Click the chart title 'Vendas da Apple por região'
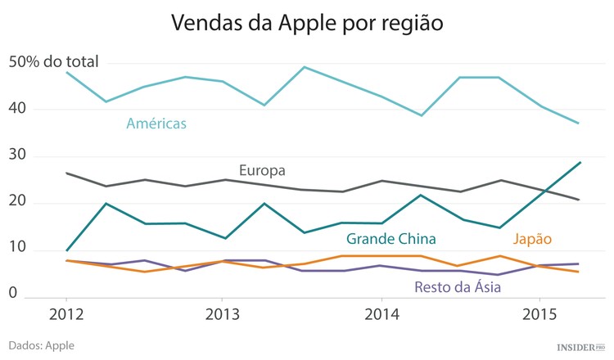pos(307,22)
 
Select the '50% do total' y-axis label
pos(53,61)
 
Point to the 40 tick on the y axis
pos(18,109)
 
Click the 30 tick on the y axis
pos(18,155)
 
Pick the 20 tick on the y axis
pos(18,202)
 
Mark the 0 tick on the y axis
pos(12,292)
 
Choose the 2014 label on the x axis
pos(381,314)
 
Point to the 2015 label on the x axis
pos(540,314)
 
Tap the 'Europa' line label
pos(262,171)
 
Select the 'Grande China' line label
pos(391,239)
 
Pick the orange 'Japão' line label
pos(532,239)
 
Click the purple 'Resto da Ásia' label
pos(458,286)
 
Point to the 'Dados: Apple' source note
pos(41,345)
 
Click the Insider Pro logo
pos(580,347)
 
